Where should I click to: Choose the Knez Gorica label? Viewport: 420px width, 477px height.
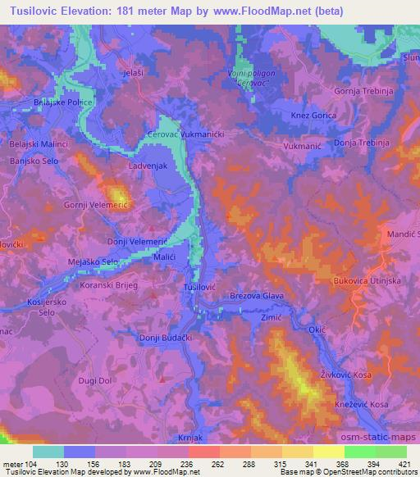[313, 116]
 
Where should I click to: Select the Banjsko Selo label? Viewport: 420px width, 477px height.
[34, 161]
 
